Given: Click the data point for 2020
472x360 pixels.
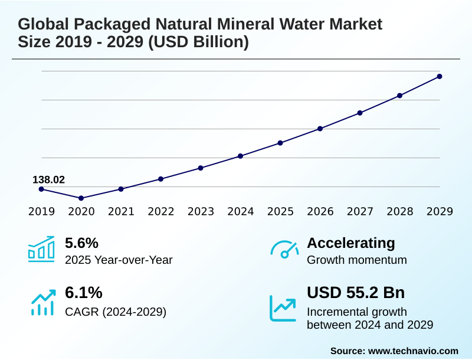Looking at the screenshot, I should [x=81, y=198].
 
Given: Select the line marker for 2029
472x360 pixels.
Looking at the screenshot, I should [x=440, y=76].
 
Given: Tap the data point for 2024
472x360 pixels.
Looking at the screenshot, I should [x=241, y=156].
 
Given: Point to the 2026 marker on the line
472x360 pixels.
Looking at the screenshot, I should [x=320, y=128].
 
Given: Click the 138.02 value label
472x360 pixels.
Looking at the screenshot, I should [x=48, y=179].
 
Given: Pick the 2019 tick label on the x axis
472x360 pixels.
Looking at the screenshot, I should [x=41, y=211].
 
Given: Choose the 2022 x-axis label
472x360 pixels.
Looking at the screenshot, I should [x=161, y=211].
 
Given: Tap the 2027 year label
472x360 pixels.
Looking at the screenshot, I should [x=360, y=211].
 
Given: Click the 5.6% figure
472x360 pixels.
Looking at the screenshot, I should [x=81, y=243].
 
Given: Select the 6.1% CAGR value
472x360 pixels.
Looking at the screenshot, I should [x=83, y=293].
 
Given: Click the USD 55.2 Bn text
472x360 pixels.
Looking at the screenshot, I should [x=356, y=293].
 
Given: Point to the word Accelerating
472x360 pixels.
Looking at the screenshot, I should [x=351, y=243].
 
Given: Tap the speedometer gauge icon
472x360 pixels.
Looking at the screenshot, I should [x=284, y=250].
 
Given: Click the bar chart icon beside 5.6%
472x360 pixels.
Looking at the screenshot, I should [x=41, y=249].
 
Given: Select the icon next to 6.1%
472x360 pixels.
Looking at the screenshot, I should [x=42, y=302].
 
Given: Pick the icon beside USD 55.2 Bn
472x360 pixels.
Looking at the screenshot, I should [x=283, y=307].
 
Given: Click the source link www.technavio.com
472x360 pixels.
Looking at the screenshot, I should [x=413, y=351].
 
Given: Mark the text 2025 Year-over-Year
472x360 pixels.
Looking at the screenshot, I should [x=119, y=260].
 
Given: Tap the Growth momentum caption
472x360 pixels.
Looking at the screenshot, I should [x=357, y=260].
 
